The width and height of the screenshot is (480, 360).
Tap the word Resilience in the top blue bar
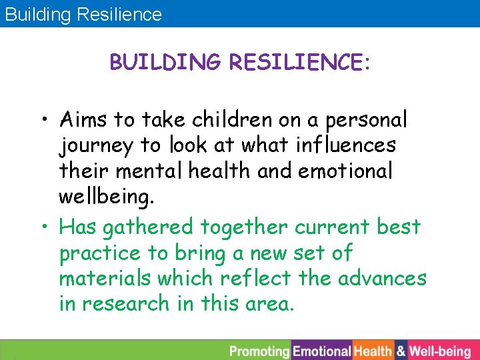(119, 14)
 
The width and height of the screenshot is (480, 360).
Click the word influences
(347, 145)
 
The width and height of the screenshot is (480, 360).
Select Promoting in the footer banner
(260, 351)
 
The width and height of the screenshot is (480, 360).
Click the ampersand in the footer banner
(401, 351)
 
